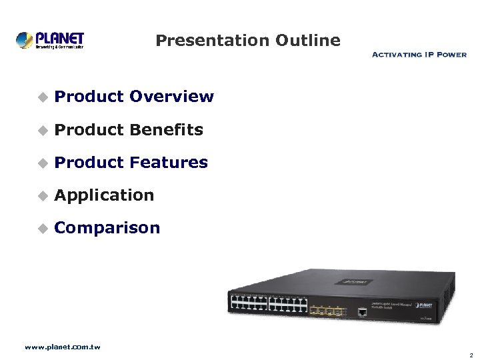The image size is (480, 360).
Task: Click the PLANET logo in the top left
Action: [x=50, y=40]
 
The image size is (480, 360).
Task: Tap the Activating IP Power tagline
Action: [x=419, y=55]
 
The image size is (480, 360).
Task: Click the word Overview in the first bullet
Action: [x=171, y=97]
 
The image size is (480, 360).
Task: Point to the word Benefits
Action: [x=166, y=130]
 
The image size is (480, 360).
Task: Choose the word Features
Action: [x=169, y=163]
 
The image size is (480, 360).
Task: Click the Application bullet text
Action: [x=104, y=195]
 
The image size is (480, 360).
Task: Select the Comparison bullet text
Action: [x=107, y=228]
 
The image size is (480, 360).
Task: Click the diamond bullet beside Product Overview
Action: [x=42, y=97]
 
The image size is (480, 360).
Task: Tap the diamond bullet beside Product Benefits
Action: [x=42, y=131]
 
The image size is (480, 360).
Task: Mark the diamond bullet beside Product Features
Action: [x=42, y=163]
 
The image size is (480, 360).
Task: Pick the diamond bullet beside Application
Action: [x=42, y=196]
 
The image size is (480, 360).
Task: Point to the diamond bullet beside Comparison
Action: [x=42, y=229]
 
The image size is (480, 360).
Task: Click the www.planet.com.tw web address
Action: [x=62, y=347]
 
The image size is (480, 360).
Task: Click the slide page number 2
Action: [x=471, y=355]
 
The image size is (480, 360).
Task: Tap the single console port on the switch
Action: [x=361, y=311]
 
